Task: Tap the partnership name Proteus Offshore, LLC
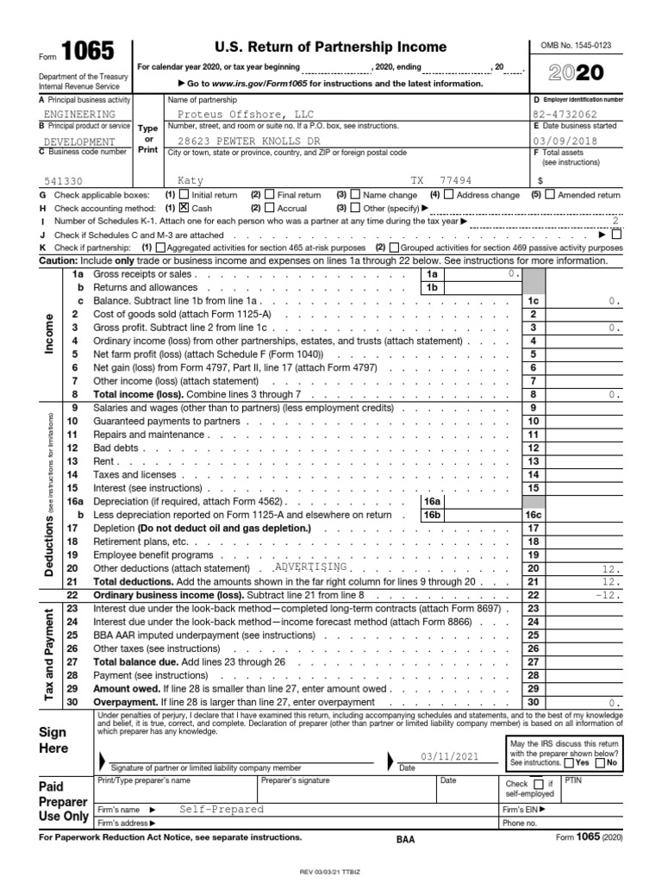(x=235, y=114)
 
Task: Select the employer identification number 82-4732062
(x=566, y=114)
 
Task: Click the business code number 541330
(x=65, y=182)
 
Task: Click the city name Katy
(x=190, y=182)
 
